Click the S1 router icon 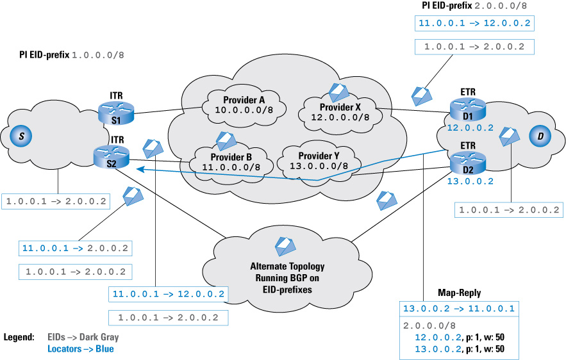116,113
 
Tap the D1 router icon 468,110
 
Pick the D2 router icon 468,163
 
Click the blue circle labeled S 21,136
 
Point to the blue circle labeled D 540,136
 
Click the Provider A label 244,100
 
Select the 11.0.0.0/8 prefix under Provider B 231,167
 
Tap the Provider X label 340,107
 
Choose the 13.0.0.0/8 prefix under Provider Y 319,166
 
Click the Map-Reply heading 459,293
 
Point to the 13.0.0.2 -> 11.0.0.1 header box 459,309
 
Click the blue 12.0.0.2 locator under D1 470,128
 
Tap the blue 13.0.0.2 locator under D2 470,181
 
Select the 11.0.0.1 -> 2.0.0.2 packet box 75,249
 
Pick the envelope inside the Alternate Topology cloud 285,246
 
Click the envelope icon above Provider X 338,92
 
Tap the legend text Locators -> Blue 81,349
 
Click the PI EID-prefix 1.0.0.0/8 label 72,55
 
